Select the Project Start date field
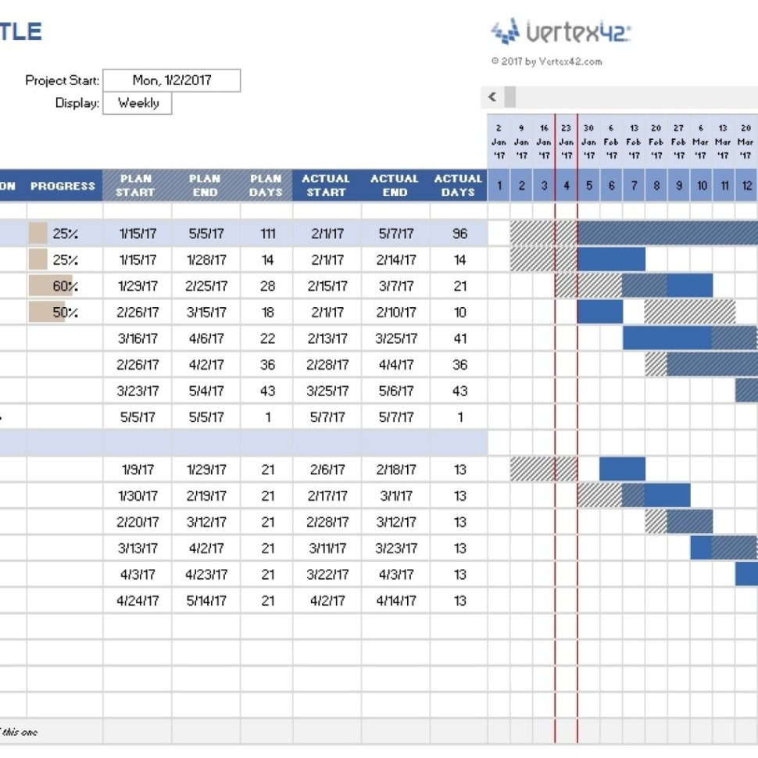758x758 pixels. click(x=172, y=80)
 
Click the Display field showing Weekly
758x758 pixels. click(x=138, y=103)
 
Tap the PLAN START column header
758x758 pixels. click(x=137, y=185)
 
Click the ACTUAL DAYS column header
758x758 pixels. click(x=458, y=185)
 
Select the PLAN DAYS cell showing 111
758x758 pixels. click(x=267, y=234)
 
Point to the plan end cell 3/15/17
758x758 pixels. click(x=206, y=313)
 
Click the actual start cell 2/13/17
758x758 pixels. click(x=327, y=338)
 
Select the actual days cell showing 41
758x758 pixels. click(x=459, y=338)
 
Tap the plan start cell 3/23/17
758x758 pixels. click(x=138, y=391)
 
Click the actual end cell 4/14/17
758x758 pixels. click(x=395, y=601)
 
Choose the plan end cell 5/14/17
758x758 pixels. click(x=206, y=601)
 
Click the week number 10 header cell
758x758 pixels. click(x=703, y=186)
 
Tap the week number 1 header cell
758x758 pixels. click(x=499, y=186)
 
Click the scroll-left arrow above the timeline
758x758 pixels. click(x=492, y=97)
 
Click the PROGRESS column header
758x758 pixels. click(x=63, y=186)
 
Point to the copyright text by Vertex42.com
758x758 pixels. click(x=546, y=62)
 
